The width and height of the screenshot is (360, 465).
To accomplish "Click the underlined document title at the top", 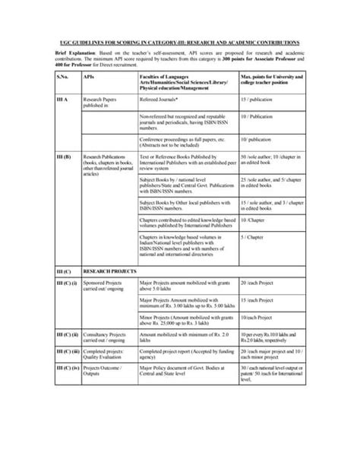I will pos(180,43).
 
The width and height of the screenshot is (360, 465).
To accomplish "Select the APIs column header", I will pos(89,77).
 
